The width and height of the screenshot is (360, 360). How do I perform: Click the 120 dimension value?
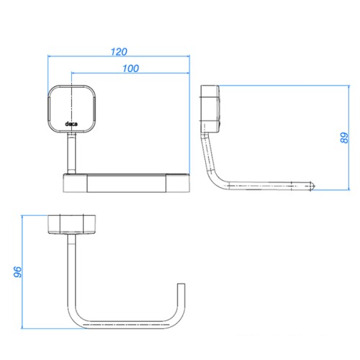[119, 52]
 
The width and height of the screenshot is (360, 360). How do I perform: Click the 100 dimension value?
[130, 68]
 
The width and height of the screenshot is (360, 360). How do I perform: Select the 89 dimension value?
[344, 138]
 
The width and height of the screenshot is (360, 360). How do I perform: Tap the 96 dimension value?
[17, 272]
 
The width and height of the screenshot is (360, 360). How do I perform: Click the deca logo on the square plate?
[71, 124]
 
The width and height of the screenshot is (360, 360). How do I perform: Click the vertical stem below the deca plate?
[71, 153]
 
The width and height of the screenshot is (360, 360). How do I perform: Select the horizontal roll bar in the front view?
[127, 183]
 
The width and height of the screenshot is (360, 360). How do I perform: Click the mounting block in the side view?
[210, 109]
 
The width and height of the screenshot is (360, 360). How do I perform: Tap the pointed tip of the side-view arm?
[315, 186]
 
